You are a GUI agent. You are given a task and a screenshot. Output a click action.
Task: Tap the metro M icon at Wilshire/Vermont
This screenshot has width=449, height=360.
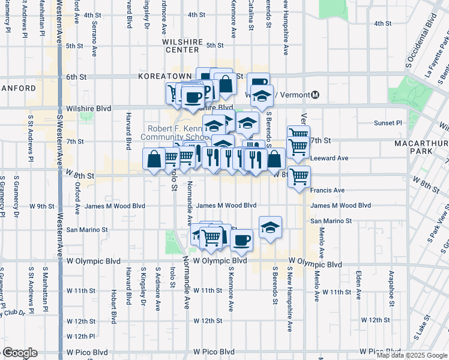pyautogui.click(x=316, y=95)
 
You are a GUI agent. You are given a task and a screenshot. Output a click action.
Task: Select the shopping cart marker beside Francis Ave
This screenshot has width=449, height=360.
pyautogui.click(x=299, y=177)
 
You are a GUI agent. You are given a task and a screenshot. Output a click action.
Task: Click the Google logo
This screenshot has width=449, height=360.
pyautogui.click(x=19, y=353)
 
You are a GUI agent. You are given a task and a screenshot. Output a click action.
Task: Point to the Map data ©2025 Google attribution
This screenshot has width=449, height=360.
pyautogui.click(x=412, y=355)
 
